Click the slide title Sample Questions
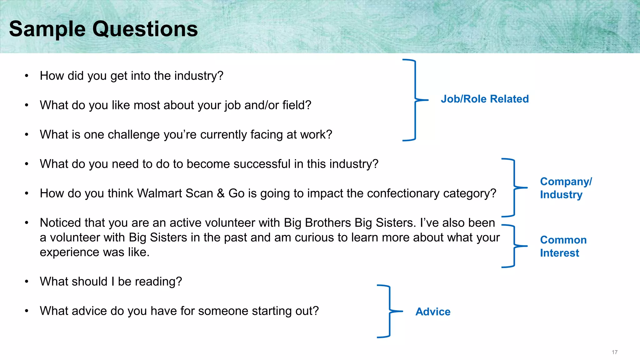click(x=103, y=29)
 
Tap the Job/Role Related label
click(x=485, y=99)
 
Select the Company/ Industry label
click(x=566, y=188)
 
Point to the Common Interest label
click(x=563, y=246)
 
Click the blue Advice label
click(x=433, y=312)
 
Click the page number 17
click(x=614, y=352)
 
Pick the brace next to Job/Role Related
click(x=415, y=100)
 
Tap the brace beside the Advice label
click(x=389, y=311)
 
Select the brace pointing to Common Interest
click(x=514, y=246)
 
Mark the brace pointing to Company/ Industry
click(x=514, y=188)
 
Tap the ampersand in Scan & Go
click(x=221, y=193)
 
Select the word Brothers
click(x=328, y=223)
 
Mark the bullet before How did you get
click(x=27, y=76)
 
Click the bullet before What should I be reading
click(x=27, y=282)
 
